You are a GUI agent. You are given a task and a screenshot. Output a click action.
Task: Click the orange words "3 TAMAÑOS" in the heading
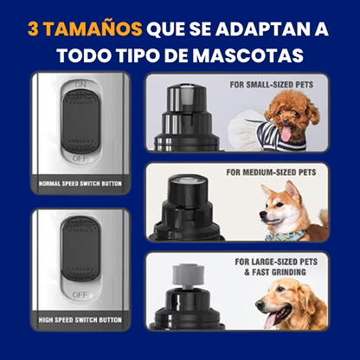pyautogui.click(x=84, y=29)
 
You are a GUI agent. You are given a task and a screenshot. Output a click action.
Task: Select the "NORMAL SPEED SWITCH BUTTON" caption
pyautogui.click(x=81, y=185)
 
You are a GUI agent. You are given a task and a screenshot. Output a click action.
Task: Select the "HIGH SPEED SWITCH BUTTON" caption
pyautogui.click(x=81, y=319)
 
